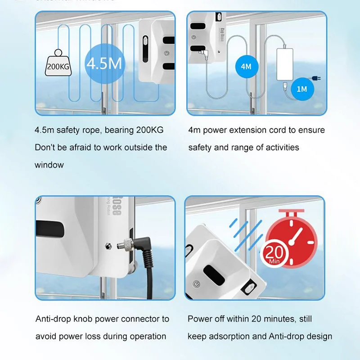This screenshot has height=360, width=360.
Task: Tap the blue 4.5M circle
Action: pyautogui.click(x=104, y=63)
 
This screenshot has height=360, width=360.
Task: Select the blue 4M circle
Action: pyautogui.click(x=246, y=67)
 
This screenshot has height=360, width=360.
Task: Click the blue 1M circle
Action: pyautogui.click(x=301, y=89)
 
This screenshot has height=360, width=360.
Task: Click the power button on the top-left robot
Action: pyautogui.click(x=166, y=53)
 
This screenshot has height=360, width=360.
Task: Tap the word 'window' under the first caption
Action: pyautogui.click(x=49, y=165)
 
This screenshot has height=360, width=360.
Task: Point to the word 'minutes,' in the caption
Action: pyautogui.click(x=276, y=319)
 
